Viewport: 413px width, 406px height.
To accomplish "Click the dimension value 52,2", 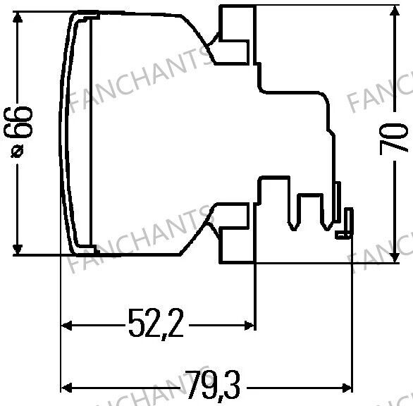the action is point(156,324).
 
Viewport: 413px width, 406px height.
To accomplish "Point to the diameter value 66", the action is point(18,122).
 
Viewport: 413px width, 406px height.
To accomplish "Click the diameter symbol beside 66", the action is point(18,151).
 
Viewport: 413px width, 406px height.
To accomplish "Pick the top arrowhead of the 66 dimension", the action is point(18,18).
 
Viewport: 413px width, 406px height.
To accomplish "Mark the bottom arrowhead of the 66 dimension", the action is point(18,250).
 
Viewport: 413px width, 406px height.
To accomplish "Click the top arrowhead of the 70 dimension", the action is point(394,11).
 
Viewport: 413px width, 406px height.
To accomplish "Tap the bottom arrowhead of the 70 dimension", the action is point(394,257).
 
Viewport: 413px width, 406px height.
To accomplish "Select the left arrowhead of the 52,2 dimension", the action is point(66,326).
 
